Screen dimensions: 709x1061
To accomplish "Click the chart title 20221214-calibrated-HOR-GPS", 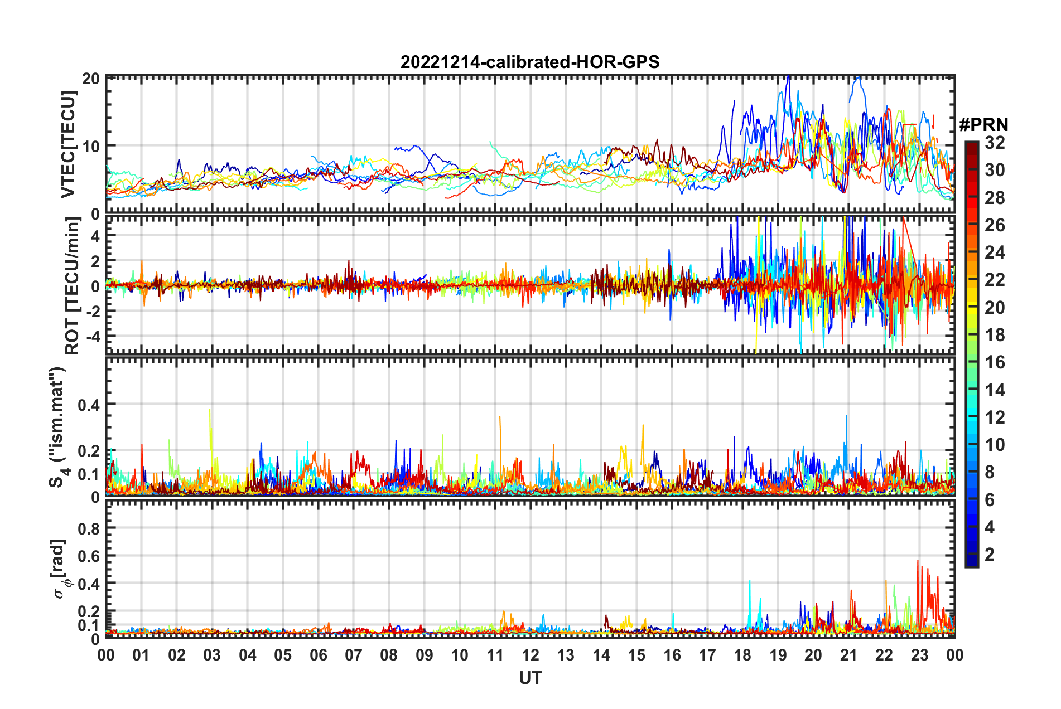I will [530, 62].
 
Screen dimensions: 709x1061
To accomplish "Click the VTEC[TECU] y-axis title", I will [68, 144].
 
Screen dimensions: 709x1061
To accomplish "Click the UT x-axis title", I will [530, 678].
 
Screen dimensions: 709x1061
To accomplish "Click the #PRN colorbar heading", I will [983, 124].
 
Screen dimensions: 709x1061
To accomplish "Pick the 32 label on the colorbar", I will [995, 143].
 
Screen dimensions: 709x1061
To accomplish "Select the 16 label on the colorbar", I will [995, 362].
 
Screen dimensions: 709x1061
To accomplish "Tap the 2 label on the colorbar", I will [990, 555].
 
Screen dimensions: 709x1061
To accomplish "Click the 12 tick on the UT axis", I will [530, 655].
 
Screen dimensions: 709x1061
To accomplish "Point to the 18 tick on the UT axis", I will [742, 655].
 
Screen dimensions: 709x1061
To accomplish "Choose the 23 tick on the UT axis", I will [919, 655].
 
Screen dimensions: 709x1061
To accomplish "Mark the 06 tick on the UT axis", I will [318, 655].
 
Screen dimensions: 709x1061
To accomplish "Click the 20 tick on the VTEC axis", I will [90, 79].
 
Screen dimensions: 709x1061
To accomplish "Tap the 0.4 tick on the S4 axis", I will [88, 405].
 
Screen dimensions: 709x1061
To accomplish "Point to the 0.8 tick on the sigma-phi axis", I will [88, 528].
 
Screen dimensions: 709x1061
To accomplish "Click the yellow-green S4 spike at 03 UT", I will [210, 412].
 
